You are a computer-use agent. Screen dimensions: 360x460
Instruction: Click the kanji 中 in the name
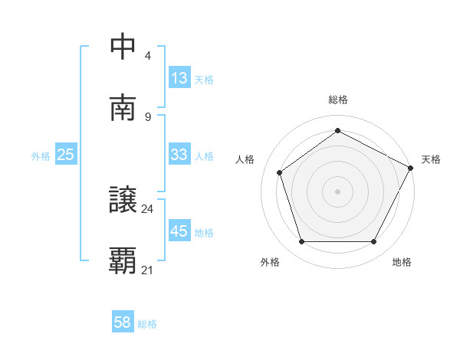(x=123, y=47)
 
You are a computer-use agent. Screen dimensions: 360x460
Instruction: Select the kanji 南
(x=123, y=108)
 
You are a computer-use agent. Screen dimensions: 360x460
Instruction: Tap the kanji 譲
(x=123, y=200)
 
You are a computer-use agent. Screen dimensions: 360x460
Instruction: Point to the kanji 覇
(x=123, y=261)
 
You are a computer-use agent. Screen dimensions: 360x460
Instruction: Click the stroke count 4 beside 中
(x=147, y=56)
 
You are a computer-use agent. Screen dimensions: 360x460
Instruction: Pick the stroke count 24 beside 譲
(x=147, y=208)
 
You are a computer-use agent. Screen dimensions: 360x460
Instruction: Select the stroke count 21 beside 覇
(x=147, y=270)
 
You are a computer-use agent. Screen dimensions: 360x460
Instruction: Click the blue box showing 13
(x=179, y=78)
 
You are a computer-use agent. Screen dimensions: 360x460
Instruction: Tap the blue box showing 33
(x=179, y=155)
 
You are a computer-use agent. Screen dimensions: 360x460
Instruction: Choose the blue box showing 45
(x=179, y=231)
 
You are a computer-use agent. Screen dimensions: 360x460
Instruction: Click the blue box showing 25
(x=66, y=155)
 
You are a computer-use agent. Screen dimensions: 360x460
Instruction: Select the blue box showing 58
(x=123, y=322)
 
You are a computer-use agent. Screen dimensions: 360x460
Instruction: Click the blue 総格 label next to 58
(x=147, y=324)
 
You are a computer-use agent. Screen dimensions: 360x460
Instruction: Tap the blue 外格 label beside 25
(x=41, y=155)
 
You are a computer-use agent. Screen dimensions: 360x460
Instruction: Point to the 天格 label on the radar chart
(x=431, y=159)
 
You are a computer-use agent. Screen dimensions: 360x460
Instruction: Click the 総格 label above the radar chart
(x=337, y=100)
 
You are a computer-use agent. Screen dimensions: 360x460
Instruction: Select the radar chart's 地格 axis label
(x=402, y=262)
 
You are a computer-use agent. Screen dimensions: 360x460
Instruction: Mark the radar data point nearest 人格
(x=280, y=172)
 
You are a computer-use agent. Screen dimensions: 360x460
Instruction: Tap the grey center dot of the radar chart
(x=337, y=191)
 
